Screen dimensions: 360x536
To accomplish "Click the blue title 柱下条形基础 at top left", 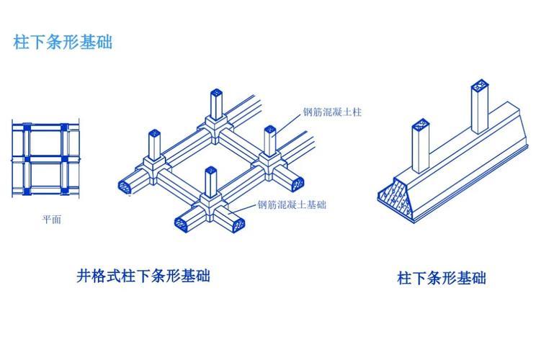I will [x=63, y=42].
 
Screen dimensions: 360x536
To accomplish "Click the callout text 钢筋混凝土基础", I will [x=292, y=205].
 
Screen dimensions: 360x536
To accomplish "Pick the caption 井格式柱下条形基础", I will [x=143, y=276].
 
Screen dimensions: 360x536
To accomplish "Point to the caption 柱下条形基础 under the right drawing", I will [x=442, y=278].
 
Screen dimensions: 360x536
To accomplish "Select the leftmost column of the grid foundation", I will [x=153, y=148].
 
